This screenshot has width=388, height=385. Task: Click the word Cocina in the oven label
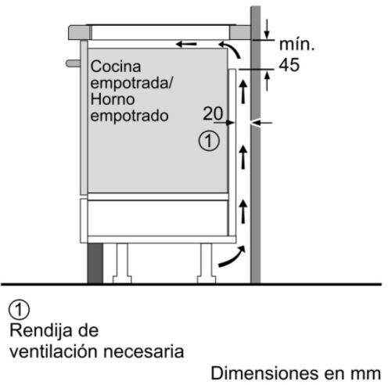tap(116, 67)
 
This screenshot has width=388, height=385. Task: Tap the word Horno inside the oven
tap(113, 99)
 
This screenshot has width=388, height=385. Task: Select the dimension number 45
tap(289, 65)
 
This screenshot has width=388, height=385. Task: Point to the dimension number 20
tap(213, 113)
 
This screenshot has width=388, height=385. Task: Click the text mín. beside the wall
tap(296, 45)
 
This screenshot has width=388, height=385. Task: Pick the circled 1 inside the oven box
tap(209, 141)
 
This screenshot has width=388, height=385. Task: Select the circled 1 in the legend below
tap(19, 310)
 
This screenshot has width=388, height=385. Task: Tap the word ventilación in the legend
tap(54, 351)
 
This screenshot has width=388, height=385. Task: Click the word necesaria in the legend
tap(144, 351)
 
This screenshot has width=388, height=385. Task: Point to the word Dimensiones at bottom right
tap(264, 373)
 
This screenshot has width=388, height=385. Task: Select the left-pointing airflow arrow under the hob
tap(186, 44)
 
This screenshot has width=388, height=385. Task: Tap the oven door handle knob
tap(74, 63)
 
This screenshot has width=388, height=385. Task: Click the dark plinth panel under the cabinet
tap(95, 263)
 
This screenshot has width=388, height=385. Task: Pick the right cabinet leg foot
tap(207, 279)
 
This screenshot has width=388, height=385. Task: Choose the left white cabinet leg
tap(122, 263)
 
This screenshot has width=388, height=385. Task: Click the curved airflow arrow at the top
tap(230, 49)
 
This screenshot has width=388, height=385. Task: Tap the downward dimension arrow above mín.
tap(267, 29)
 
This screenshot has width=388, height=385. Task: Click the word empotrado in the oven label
tap(129, 116)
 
